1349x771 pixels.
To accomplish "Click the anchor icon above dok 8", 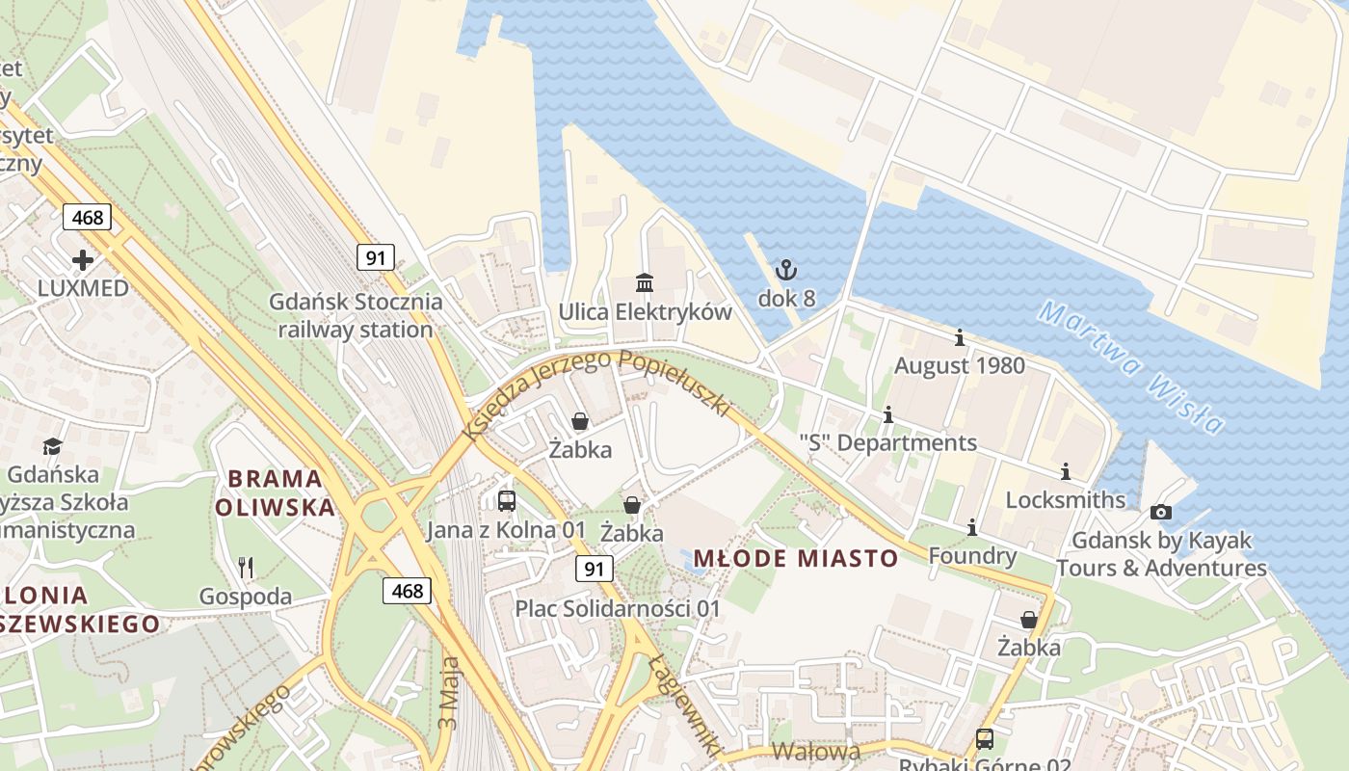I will coord(786,270).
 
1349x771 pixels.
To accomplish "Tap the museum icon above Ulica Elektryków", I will coord(645,282).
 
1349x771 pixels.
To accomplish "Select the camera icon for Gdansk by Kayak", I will coord(1161,512).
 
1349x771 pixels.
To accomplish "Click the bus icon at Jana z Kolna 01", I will coord(507,501).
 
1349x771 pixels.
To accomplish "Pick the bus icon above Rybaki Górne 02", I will coord(984,739).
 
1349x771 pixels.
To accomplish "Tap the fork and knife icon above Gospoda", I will coord(246,568).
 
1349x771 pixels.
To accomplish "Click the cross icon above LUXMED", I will coord(83,260).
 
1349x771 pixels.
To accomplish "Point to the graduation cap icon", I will coord(52,446).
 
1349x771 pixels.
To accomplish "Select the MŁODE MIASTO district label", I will coord(795,558).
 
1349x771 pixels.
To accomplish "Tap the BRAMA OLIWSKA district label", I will coord(275,492).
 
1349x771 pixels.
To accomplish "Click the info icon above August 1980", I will coord(959,338).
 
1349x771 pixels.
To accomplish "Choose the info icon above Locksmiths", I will coord(1065,472).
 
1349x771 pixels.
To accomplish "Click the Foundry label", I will coord(972,556).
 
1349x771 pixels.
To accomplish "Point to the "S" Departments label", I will coord(887,443).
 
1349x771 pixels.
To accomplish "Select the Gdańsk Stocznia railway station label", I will coord(356,315).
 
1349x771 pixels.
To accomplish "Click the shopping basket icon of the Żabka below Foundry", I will coord(1029,620).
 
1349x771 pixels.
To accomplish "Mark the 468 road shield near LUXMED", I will coord(87,217).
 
